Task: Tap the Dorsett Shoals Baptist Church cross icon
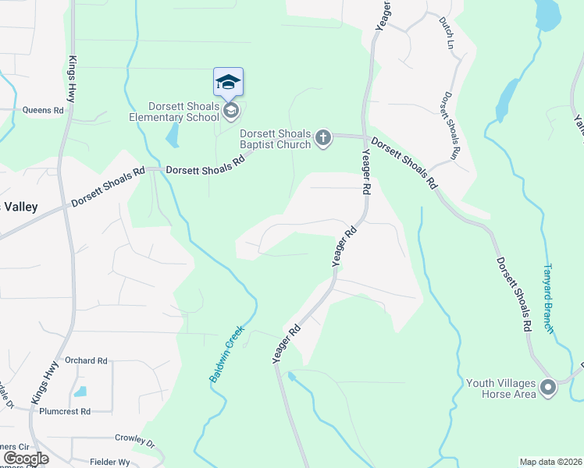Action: click(324, 140)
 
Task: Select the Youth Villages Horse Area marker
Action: click(548, 388)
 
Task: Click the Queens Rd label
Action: click(42, 111)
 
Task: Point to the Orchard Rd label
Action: click(86, 360)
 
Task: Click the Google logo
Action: click(26, 459)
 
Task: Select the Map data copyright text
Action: click(550, 462)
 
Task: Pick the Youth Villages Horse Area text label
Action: click(500, 388)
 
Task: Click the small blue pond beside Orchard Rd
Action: click(80, 392)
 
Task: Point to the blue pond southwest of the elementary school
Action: click(172, 137)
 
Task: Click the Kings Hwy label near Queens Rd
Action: click(72, 79)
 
